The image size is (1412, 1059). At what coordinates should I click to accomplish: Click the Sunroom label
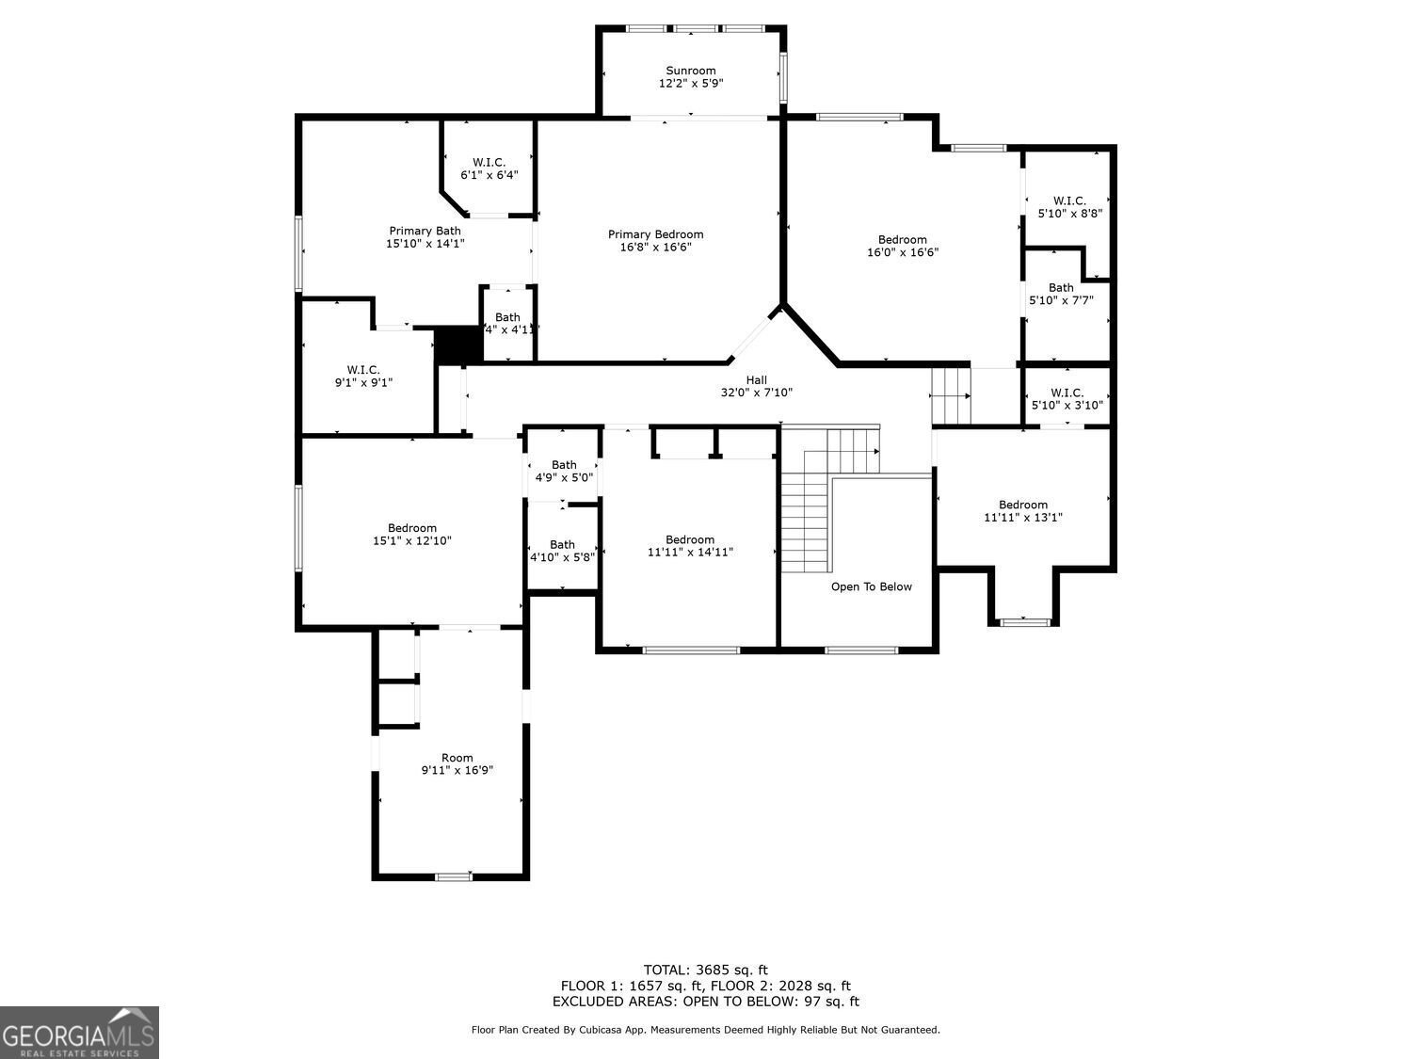[690, 71]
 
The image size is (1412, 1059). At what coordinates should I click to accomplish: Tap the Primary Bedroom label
[655, 234]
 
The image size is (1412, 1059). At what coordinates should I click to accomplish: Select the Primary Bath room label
[425, 231]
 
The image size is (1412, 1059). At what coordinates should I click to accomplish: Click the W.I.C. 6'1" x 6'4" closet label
[489, 162]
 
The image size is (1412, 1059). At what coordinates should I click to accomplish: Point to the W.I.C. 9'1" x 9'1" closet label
[362, 370]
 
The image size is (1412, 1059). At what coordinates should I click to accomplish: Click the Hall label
[756, 380]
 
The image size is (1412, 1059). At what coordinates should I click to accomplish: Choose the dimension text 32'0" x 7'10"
[756, 393]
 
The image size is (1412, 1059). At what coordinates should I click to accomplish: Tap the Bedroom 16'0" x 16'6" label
[902, 239]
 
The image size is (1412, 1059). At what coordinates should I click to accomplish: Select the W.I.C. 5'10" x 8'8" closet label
[1068, 201]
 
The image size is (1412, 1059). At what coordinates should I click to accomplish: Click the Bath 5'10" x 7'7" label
[1061, 288]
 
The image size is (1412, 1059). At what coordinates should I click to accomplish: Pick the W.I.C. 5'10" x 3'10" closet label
[1067, 393]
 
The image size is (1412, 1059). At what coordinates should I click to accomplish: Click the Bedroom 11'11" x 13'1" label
[1022, 505]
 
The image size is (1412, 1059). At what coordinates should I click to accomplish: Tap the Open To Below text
[871, 587]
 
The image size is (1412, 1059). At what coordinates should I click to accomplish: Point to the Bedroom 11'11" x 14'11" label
[689, 539]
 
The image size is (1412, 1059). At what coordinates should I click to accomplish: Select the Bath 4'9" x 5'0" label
[564, 465]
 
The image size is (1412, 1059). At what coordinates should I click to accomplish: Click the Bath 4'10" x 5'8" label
[562, 544]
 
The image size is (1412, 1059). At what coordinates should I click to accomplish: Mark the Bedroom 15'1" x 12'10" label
[411, 528]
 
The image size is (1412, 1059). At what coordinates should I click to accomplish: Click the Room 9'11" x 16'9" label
[457, 758]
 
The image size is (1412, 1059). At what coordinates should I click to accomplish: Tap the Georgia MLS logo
[79, 1033]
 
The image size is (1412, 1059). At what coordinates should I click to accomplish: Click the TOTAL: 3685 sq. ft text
[705, 970]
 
